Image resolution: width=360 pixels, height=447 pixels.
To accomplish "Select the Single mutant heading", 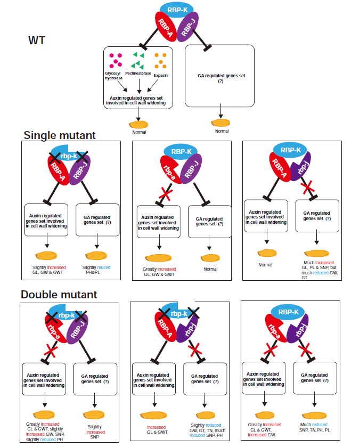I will (x=60, y=135).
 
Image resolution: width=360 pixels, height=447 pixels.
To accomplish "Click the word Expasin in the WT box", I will (x=160, y=75).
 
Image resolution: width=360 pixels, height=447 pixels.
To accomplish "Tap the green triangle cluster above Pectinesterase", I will (x=138, y=58).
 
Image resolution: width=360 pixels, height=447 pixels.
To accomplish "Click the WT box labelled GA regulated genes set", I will (x=218, y=77).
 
